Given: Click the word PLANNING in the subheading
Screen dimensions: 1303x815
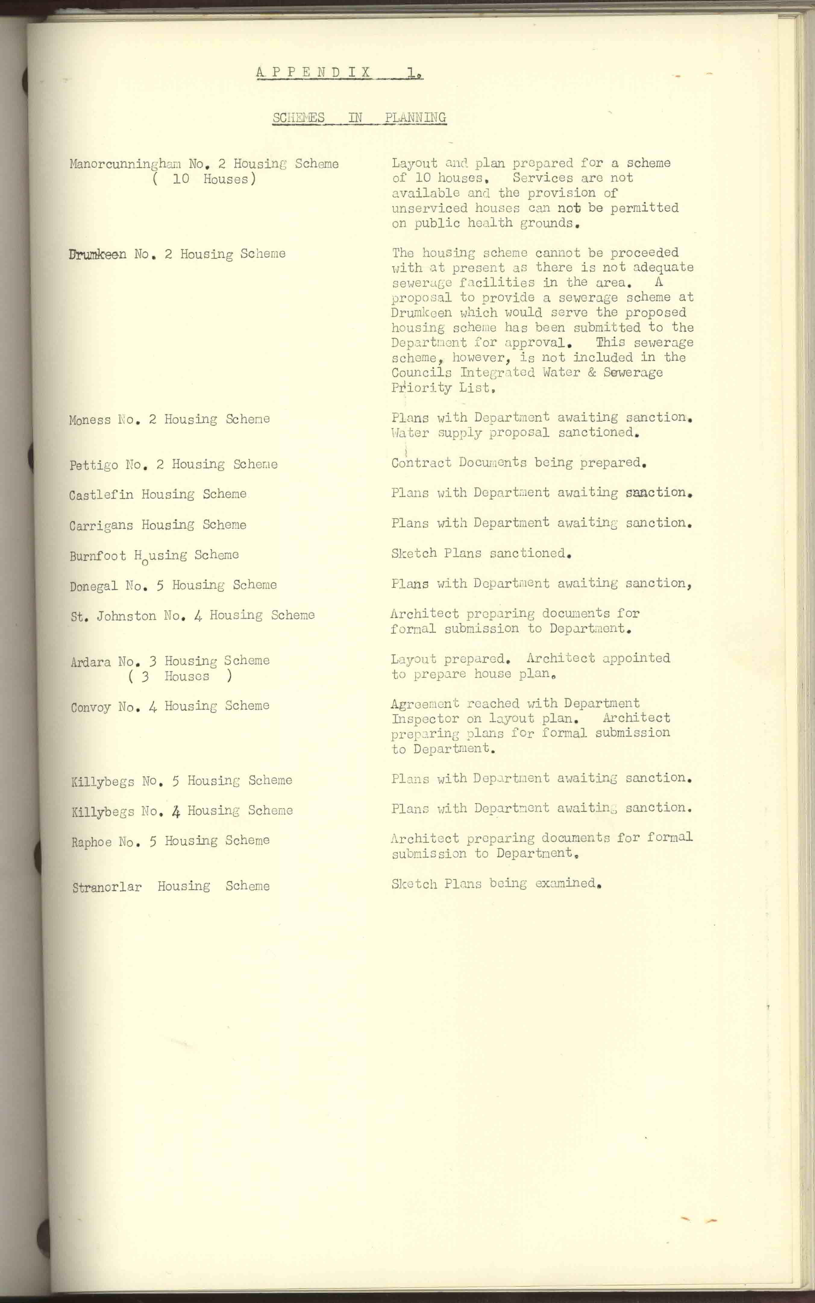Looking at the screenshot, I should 415,118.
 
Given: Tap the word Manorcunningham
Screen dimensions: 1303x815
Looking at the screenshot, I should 125,164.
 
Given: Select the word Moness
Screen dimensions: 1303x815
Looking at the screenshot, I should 89,420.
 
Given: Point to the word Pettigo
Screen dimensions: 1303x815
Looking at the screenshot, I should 94,465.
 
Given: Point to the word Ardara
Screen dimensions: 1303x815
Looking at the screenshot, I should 90,662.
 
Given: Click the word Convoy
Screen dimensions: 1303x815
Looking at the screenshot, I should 90,707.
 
